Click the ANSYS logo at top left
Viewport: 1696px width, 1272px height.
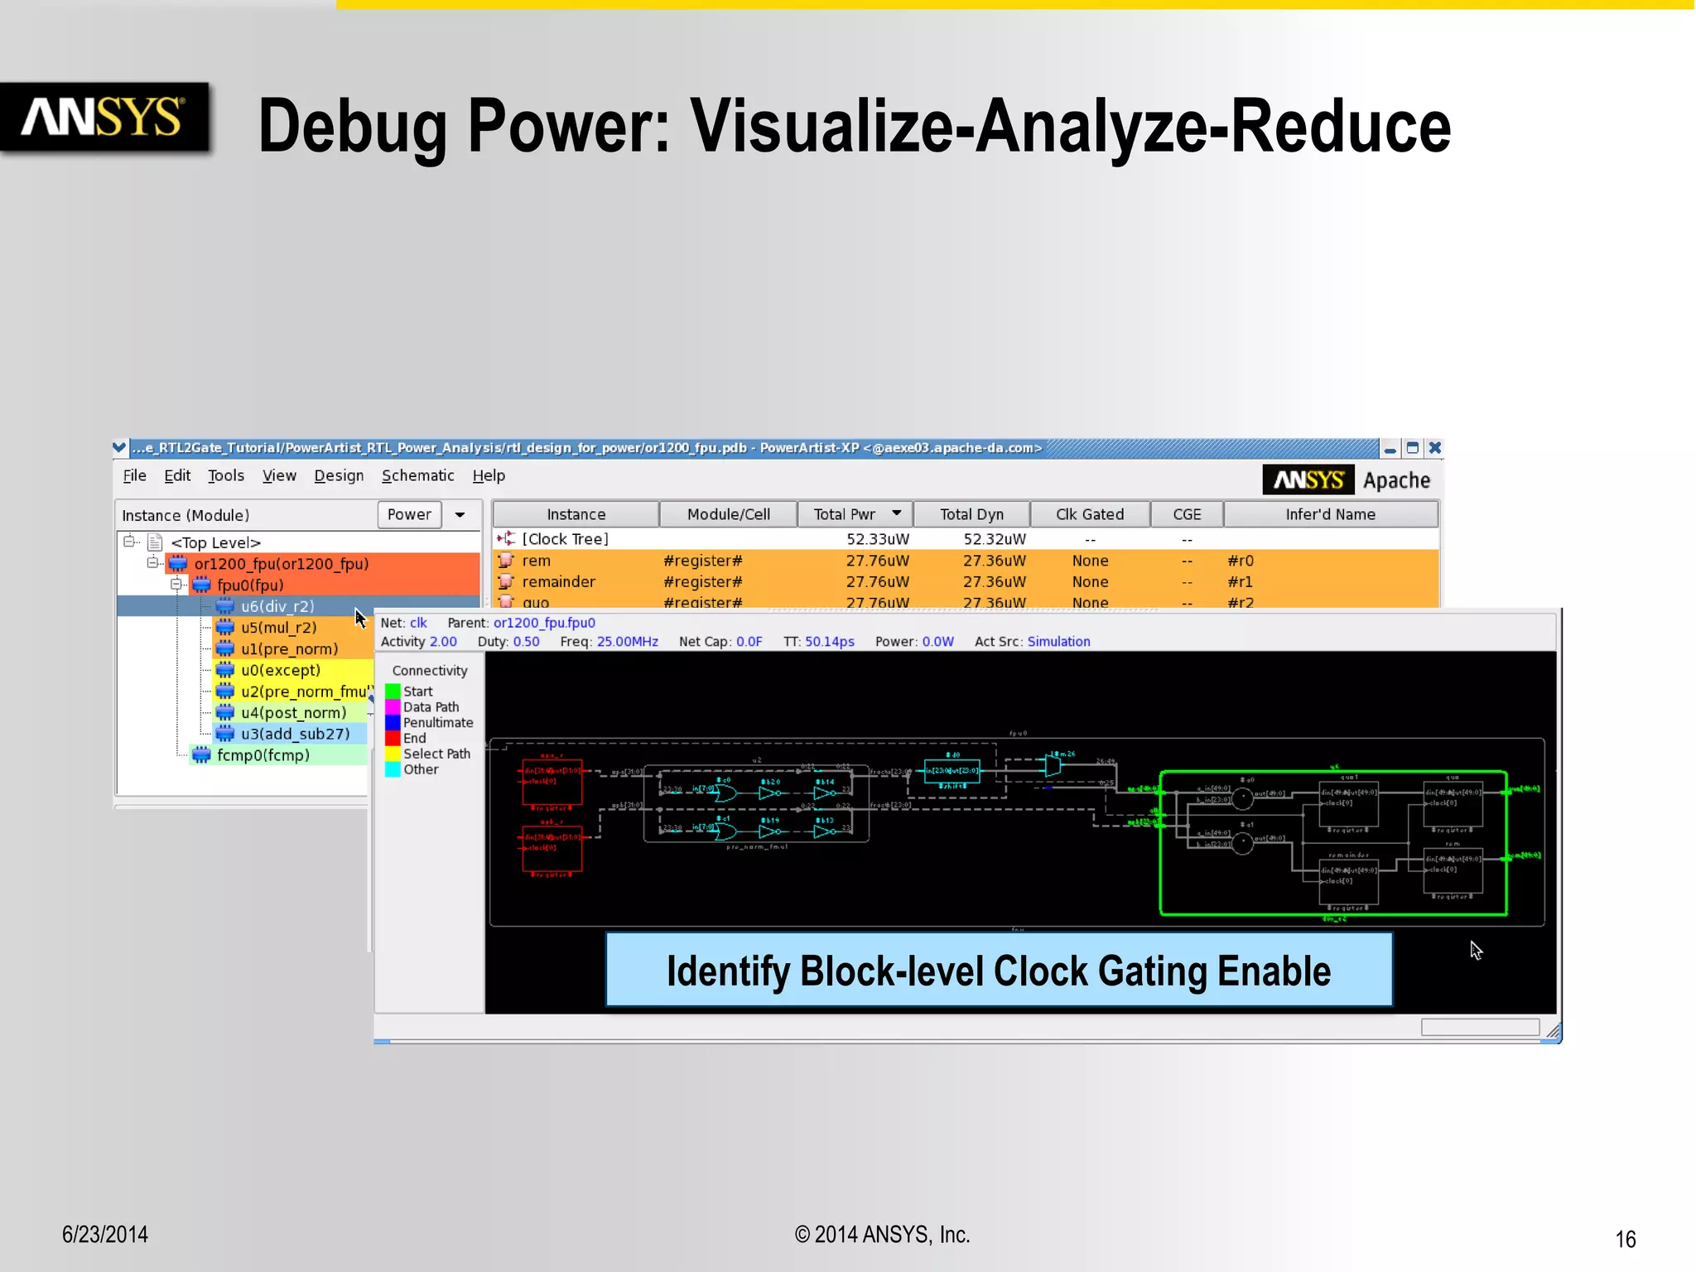point(104,117)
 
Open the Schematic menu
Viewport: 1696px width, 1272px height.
point(417,475)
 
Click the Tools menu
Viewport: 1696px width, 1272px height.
point(225,475)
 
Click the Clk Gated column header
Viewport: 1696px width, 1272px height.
point(1089,514)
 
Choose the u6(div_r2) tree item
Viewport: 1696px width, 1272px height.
point(277,606)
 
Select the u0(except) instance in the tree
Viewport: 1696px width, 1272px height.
point(280,670)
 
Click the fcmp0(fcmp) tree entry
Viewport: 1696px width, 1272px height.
point(263,755)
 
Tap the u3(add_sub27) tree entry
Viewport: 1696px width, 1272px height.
point(295,734)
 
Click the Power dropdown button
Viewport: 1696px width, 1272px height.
point(460,514)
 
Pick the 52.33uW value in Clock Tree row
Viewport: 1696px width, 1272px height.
point(877,539)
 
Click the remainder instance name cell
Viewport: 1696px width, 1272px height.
point(558,582)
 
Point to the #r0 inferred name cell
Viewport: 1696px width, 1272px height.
point(1240,561)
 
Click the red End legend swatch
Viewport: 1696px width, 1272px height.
point(393,738)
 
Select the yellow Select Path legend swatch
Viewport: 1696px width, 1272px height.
point(393,754)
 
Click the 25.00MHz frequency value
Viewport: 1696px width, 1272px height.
point(627,642)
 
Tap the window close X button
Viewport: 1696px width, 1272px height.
point(1435,448)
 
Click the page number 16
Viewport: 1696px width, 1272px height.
point(1625,1239)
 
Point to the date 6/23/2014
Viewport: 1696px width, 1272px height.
point(105,1235)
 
